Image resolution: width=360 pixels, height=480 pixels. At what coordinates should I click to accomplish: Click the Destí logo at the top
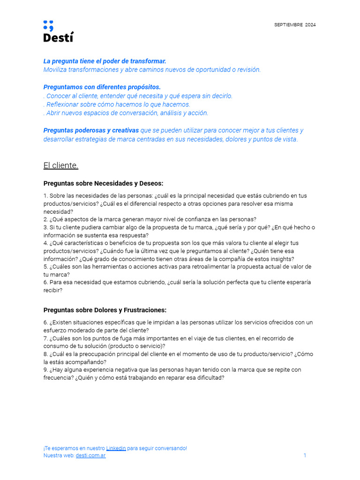click(x=58, y=31)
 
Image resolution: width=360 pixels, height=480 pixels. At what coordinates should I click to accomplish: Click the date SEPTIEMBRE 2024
click(x=295, y=25)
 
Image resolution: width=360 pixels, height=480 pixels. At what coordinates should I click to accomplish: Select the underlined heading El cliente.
click(x=61, y=165)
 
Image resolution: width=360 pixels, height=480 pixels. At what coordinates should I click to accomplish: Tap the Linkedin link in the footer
click(x=116, y=448)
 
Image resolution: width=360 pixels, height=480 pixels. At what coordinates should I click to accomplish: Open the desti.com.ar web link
click(x=90, y=456)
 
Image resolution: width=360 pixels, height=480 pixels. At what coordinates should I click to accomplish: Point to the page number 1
click(x=305, y=456)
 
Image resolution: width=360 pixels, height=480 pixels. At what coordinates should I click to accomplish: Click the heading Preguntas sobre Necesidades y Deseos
click(x=103, y=183)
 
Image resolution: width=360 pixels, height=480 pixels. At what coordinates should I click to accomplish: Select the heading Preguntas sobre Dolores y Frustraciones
click(x=105, y=310)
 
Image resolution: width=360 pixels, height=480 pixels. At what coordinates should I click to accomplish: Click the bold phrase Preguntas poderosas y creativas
click(x=91, y=130)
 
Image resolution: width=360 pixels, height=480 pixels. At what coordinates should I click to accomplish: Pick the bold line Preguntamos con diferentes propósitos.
click(x=102, y=87)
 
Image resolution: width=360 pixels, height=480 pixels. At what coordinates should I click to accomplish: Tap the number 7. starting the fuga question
click(x=46, y=338)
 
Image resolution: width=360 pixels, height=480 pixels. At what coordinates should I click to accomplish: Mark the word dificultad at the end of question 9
click(x=210, y=378)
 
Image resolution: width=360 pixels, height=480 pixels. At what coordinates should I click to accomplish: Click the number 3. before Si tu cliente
click(x=46, y=227)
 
